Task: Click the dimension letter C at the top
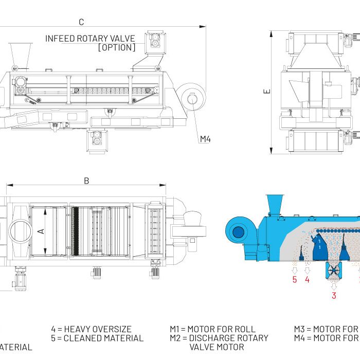(81, 22)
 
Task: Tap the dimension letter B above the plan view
(86, 181)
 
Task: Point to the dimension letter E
(266, 91)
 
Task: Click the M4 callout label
(206, 139)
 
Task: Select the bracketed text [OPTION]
(117, 47)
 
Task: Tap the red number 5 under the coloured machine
(295, 280)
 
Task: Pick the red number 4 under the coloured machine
(307, 280)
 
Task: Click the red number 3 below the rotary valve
(334, 295)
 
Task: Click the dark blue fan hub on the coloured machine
(238, 232)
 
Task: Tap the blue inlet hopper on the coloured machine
(274, 204)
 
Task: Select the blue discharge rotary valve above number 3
(333, 270)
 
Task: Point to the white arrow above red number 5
(295, 269)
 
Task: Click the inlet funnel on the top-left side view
(20, 53)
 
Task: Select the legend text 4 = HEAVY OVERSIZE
(91, 329)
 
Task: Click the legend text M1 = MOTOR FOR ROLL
(212, 329)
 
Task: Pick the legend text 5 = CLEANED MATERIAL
(97, 338)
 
